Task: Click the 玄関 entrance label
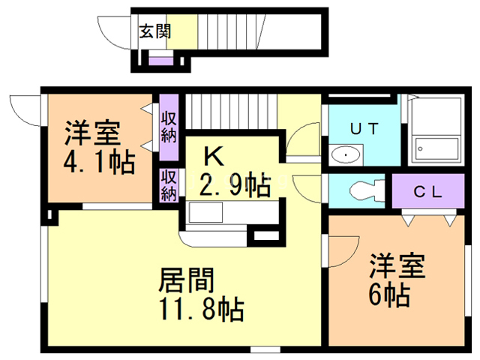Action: click(155, 31)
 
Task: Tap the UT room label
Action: click(364, 128)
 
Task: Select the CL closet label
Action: click(428, 190)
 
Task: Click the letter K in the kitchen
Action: click(214, 156)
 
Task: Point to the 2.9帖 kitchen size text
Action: click(234, 183)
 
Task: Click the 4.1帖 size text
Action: click(99, 162)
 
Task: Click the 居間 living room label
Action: click(187, 280)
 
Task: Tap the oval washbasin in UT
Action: click(346, 155)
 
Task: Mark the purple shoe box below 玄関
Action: click(159, 60)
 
